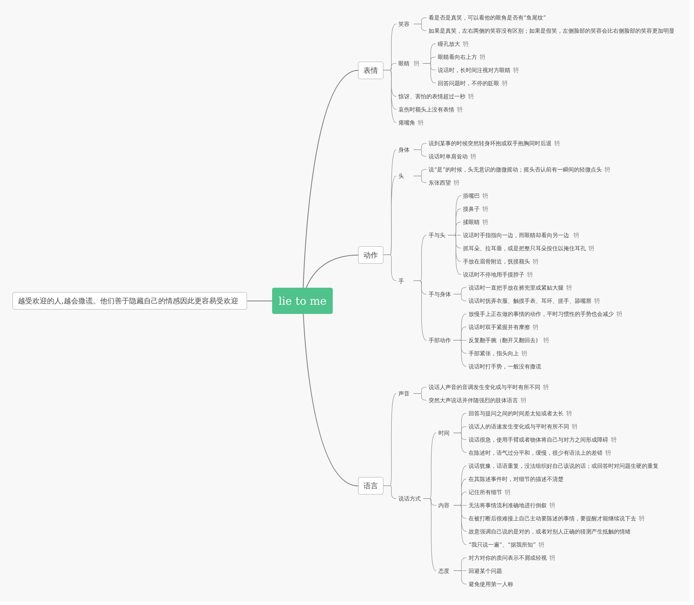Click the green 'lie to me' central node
pos(302,301)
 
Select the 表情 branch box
pos(370,70)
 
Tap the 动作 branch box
pos(370,255)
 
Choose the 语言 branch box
pos(370,485)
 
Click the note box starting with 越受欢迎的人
pos(130,301)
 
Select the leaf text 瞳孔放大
pos(448,44)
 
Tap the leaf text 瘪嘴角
pos(406,123)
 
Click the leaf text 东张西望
pos(439,183)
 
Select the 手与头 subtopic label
pos(437,235)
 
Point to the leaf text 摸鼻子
pos(471,209)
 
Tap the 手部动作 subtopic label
pos(439,340)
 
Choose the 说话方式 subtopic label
pos(409,499)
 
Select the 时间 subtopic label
pos(444,433)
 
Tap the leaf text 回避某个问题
pos(485,571)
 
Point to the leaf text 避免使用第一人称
pos(490,584)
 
